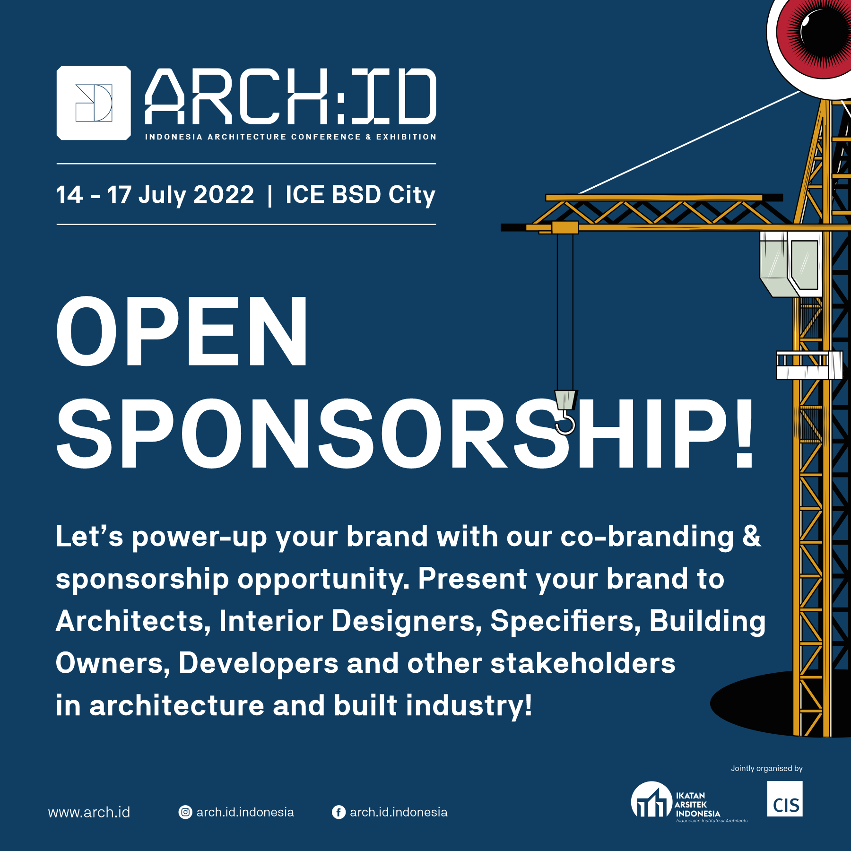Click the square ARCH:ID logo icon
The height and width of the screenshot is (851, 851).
pos(94,103)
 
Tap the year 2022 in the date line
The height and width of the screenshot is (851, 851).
pos(224,195)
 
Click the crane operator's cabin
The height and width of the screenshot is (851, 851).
pos(791,264)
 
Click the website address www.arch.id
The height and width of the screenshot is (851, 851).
pos(89,812)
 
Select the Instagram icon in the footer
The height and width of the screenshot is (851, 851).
pos(185,812)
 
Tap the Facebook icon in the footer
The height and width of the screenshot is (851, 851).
pos(339,812)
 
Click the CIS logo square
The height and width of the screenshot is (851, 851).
pos(785,799)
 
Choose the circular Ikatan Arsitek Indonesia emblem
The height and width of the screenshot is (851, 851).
pos(651,799)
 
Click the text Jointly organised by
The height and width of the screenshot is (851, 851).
pos(767,768)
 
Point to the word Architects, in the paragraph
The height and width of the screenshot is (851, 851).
pos(133,621)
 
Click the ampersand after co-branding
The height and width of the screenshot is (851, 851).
pos(752,536)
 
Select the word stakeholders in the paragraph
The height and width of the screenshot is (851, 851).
pos(583,663)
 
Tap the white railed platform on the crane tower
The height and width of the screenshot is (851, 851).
pos(809,365)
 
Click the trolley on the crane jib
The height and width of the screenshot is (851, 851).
pos(565,227)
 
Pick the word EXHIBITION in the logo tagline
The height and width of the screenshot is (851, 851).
pos(406,137)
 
